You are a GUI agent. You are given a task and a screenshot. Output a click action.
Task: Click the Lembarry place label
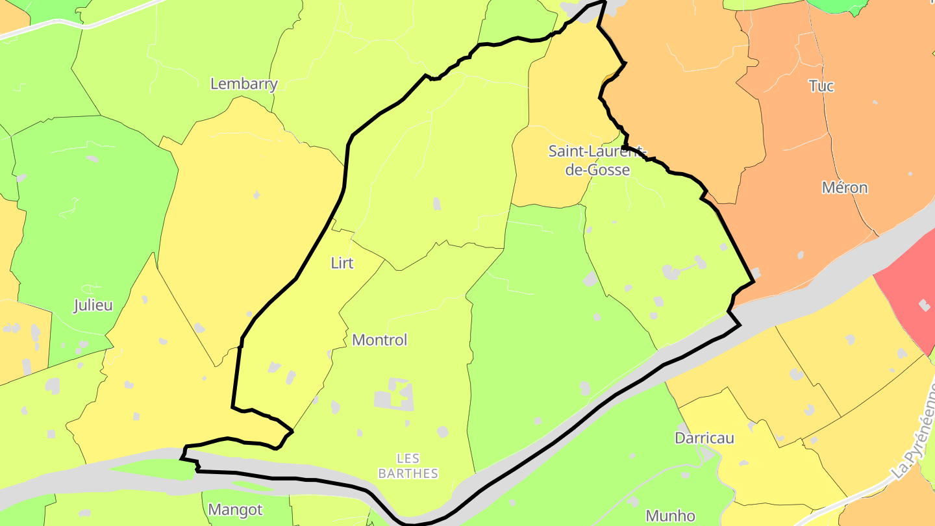point(244,84)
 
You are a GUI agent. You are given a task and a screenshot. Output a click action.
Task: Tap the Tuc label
point(821,86)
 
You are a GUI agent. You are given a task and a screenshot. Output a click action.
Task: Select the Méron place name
point(845,188)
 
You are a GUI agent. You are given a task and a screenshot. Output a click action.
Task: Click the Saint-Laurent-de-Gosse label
point(590,160)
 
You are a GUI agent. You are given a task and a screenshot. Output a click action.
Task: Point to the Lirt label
point(342,263)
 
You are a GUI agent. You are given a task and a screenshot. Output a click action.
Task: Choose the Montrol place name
point(379,340)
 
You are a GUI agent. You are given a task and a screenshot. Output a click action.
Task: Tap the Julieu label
point(93,305)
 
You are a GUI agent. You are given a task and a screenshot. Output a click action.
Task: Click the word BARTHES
point(408,473)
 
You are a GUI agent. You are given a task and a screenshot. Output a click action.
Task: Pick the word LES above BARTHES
point(408,458)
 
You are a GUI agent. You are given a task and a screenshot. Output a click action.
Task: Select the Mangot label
point(236,510)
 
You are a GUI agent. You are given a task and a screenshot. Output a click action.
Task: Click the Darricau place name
point(704,438)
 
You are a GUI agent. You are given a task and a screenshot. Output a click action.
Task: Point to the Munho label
point(671,516)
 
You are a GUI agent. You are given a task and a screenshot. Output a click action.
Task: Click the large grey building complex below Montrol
point(394,395)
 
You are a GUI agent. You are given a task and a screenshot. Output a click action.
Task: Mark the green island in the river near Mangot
point(153,470)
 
